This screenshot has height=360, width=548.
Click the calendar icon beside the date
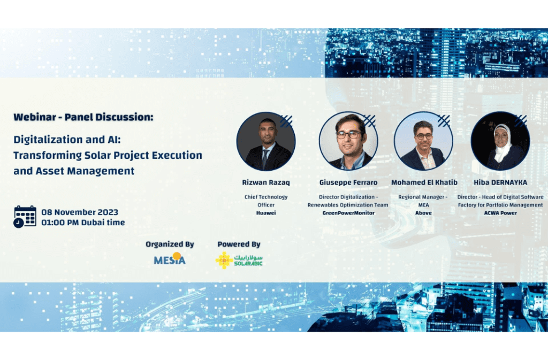point(25,217)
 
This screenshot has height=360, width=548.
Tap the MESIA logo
point(170,259)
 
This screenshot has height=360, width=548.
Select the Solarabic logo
point(239,261)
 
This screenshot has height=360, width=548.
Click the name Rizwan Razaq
point(266,182)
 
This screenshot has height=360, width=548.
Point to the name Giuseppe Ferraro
point(348,182)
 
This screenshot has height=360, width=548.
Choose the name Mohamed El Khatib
point(424,182)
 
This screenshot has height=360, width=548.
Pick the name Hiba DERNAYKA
point(500,182)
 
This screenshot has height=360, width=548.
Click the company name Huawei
point(266,213)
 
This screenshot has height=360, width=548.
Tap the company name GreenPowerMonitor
point(348,213)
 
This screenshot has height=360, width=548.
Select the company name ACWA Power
point(500,213)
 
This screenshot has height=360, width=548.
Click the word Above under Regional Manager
point(424,213)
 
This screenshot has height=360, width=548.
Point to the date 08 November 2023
point(80,212)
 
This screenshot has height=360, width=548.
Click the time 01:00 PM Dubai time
point(83,223)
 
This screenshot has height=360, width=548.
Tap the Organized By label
point(170,244)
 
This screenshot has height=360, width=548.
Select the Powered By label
point(239,244)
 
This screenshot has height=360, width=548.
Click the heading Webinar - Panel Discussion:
point(83,117)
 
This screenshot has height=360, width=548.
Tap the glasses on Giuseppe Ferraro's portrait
point(348,134)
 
